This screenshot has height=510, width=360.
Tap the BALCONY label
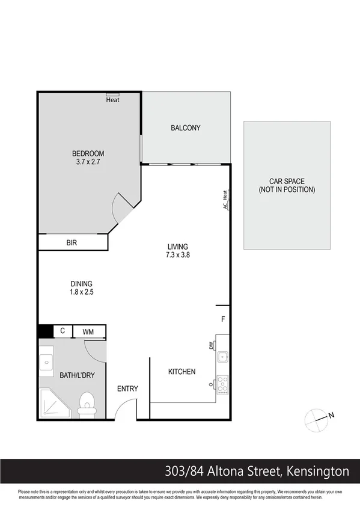click(185, 128)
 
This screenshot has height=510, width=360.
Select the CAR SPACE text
click(287, 181)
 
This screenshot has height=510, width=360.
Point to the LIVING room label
click(178, 247)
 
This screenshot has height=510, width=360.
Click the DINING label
click(81, 284)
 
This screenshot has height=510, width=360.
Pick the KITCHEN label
click(182, 372)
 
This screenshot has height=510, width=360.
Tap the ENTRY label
click(127, 389)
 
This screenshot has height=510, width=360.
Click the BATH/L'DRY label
click(77, 375)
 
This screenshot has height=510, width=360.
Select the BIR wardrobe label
click(72, 243)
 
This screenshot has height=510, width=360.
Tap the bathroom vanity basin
click(47, 362)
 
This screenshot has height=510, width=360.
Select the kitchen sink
click(222, 356)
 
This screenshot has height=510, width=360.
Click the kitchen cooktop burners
click(222, 384)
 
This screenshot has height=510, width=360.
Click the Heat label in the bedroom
click(112, 100)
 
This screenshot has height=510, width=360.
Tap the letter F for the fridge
click(223, 319)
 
